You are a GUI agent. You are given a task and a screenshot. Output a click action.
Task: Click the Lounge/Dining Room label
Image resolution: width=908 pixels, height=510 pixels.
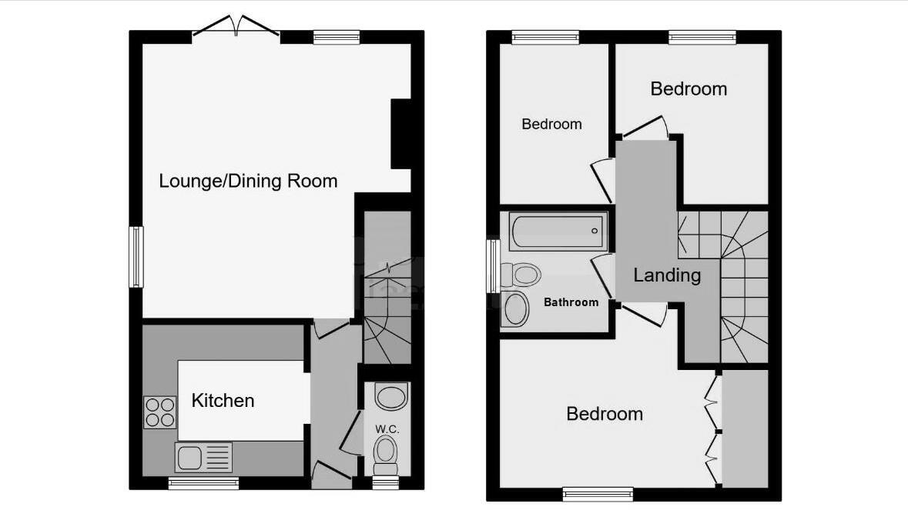pyautogui.click(x=248, y=182)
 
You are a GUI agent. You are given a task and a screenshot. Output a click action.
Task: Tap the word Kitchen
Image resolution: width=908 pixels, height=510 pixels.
pyautogui.click(x=223, y=401)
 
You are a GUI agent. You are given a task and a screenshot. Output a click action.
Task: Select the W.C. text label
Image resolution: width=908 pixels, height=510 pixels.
pyautogui.click(x=386, y=428)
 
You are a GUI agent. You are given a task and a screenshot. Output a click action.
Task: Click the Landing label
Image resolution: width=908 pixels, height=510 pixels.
pyautogui.click(x=667, y=275)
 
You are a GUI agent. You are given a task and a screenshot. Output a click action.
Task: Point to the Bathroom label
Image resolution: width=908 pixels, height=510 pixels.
pyautogui.click(x=571, y=302)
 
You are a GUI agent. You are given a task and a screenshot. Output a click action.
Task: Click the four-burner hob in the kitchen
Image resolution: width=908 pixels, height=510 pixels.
pyautogui.click(x=159, y=412)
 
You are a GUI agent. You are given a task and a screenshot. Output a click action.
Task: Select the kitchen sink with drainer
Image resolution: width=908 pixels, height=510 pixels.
pyautogui.click(x=203, y=458)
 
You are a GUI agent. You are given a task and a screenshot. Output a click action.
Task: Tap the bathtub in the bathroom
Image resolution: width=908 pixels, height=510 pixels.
pyautogui.click(x=557, y=232)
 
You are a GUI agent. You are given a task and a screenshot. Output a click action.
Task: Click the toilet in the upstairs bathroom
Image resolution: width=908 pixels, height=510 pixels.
pyautogui.click(x=520, y=273)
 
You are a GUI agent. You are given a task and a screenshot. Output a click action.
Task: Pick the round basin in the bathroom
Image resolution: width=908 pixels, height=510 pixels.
pyautogui.click(x=515, y=308)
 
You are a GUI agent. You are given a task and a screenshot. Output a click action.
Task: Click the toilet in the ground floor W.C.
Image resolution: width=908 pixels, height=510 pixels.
pyautogui.click(x=385, y=455)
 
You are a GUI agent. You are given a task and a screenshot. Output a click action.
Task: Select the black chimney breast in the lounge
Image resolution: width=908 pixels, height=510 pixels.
pyautogui.click(x=400, y=134)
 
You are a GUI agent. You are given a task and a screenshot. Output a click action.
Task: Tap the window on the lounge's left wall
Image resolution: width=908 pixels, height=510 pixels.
pyautogui.click(x=136, y=257)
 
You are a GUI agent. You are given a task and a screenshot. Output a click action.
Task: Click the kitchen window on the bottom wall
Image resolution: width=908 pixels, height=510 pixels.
pyautogui.click(x=203, y=483)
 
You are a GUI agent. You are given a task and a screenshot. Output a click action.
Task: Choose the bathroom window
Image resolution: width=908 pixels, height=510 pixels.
pyautogui.click(x=491, y=266)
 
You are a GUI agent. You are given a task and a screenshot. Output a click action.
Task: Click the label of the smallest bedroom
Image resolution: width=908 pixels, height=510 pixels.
pyautogui.click(x=551, y=124)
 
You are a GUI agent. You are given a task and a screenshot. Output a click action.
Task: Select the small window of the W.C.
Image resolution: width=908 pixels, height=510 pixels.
pyautogui.click(x=385, y=483)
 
